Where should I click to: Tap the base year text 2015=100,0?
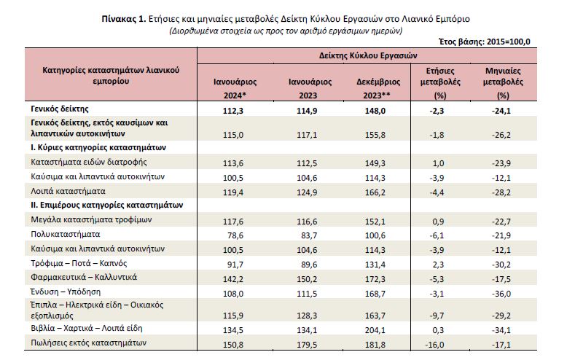[509, 42]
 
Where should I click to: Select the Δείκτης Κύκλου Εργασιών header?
[368, 55]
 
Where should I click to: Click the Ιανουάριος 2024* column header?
[235, 89]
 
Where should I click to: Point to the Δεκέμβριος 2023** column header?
[378, 89]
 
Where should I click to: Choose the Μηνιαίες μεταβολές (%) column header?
[503, 83]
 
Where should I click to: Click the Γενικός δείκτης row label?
[60, 109]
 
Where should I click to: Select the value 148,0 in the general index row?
[375, 111]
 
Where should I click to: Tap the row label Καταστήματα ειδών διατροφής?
[89, 162]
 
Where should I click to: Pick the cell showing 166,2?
[375, 192]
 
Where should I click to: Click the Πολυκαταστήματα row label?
[66, 234]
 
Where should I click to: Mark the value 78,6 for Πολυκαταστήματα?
[235, 235]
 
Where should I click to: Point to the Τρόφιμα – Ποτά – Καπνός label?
[79, 263]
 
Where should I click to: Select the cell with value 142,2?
[233, 279]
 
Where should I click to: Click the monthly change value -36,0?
[501, 294]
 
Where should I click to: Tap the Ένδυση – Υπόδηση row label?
[66, 291]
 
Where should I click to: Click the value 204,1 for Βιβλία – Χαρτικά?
[375, 330]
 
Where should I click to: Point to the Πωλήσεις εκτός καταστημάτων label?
[89, 343]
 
